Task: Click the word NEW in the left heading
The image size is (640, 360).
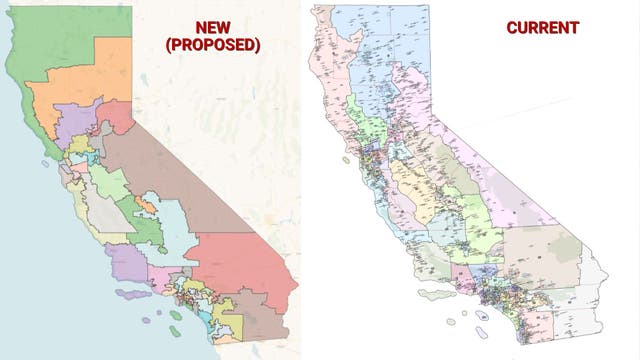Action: point(211,27)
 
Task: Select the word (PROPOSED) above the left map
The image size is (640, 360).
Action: point(211,46)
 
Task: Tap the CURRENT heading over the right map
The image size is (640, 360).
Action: point(542,28)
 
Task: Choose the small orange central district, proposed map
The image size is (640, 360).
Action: point(145,205)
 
